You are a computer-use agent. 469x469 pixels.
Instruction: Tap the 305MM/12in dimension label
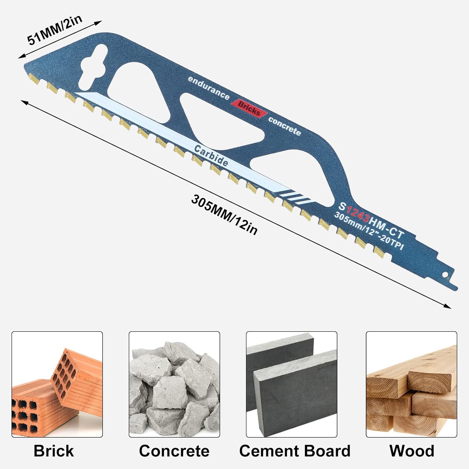[224, 214]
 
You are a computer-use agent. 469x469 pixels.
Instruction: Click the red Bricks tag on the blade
[249, 108]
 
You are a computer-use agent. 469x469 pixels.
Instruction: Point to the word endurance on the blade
[209, 88]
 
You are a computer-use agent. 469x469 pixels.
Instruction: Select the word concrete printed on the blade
[285, 126]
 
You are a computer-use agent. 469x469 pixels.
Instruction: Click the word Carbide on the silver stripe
[211, 155]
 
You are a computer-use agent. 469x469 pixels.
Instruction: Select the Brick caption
[53, 451]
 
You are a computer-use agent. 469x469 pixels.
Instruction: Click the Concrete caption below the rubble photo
[174, 451]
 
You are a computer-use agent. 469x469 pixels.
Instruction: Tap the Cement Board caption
[295, 451]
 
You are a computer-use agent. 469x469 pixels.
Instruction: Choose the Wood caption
[411, 451]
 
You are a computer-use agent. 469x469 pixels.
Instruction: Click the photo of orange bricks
[57, 384]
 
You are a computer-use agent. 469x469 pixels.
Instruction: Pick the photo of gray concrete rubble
[174, 384]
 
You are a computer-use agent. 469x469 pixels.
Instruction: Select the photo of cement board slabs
[291, 384]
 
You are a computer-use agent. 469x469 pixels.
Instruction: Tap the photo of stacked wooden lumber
[411, 384]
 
